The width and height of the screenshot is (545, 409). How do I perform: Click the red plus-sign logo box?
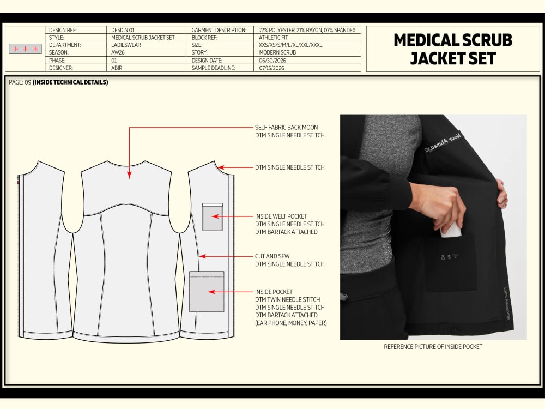tap(26, 49)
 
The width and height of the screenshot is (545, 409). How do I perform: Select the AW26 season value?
tap(118, 52)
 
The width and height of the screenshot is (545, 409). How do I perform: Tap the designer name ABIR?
tap(117, 68)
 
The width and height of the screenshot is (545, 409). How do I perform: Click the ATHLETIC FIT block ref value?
tap(273, 38)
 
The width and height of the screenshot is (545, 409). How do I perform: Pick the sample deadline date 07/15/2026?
tap(271, 68)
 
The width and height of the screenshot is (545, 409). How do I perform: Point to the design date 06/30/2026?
tap(272, 60)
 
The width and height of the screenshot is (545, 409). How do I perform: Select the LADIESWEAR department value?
tap(126, 45)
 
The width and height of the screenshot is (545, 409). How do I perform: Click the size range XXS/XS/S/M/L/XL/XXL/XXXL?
tap(290, 45)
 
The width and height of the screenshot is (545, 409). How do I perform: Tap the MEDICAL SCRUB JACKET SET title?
tap(453, 49)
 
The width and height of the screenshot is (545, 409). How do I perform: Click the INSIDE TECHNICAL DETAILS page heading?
tap(70, 82)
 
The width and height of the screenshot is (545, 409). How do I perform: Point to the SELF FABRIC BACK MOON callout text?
tap(287, 127)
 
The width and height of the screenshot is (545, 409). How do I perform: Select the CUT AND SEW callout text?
tap(272, 256)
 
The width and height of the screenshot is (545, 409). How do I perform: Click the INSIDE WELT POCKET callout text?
tap(281, 216)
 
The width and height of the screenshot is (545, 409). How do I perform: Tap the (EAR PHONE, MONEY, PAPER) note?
tap(291, 323)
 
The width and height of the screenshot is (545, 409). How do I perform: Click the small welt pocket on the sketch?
tap(213, 217)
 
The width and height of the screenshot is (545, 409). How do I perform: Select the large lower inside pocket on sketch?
tap(207, 291)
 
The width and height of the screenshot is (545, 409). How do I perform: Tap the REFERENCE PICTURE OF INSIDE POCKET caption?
tap(433, 347)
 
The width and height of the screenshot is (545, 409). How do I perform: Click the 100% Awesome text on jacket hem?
tap(507, 303)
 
